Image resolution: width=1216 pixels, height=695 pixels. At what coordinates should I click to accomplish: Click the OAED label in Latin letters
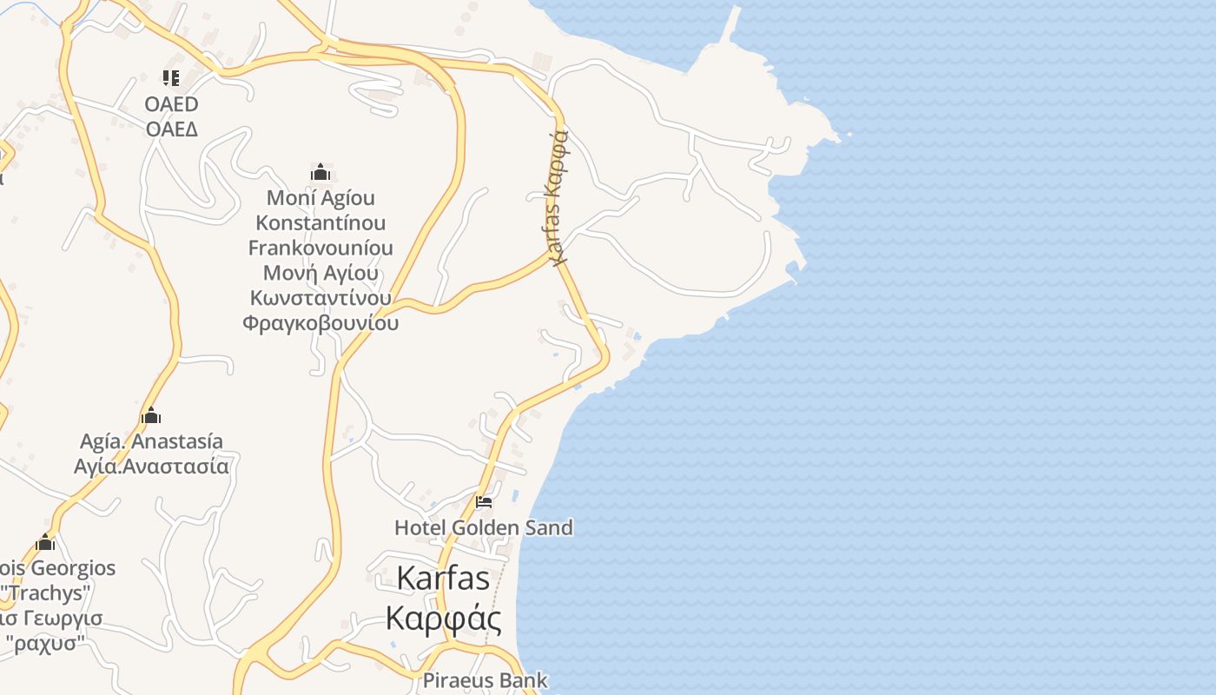[x=171, y=104]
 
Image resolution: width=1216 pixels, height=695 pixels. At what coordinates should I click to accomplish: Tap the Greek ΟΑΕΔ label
[x=171, y=129]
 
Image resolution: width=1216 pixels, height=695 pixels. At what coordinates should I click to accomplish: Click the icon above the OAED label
[x=171, y=78]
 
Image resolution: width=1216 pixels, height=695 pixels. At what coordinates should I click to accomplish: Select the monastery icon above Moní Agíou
[x=321, y=172]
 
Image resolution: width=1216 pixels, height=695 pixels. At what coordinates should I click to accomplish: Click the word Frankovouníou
[x=321, y=248]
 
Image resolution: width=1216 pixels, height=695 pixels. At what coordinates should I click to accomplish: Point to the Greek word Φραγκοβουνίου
[x=321, y=323]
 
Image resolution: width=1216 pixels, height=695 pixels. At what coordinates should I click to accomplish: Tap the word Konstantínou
[x=321, y=222]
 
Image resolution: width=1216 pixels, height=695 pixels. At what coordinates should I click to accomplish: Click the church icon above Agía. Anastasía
[x=151, y=415]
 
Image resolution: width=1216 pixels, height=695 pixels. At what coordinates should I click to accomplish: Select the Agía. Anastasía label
[x=151, y=441]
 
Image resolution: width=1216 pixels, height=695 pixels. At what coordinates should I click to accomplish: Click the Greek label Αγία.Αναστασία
[x=151, y=467]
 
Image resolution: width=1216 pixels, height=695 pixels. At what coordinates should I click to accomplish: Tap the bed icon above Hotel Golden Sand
[x=484, y=502]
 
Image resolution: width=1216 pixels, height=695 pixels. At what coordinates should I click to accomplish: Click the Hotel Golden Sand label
[x=484, y=527]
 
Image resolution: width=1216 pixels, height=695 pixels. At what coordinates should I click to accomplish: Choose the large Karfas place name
[x=443, y=578]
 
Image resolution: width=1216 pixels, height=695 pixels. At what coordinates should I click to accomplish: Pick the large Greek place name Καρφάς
[x=443, y=619]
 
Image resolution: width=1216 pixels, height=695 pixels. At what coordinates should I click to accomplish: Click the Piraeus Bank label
[x=486, y=680]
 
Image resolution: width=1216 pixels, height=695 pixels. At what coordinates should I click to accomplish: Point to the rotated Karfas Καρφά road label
[x=558, y=196]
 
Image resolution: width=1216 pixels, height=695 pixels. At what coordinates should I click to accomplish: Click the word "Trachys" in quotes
[x=46, y=593]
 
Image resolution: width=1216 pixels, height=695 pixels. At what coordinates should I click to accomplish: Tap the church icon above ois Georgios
[x=45, y=544]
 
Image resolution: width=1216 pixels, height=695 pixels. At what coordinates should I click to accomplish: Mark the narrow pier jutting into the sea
[x=730, y=26]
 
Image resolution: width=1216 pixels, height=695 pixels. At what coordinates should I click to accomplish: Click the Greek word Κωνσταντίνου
[x=321, y=298]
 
